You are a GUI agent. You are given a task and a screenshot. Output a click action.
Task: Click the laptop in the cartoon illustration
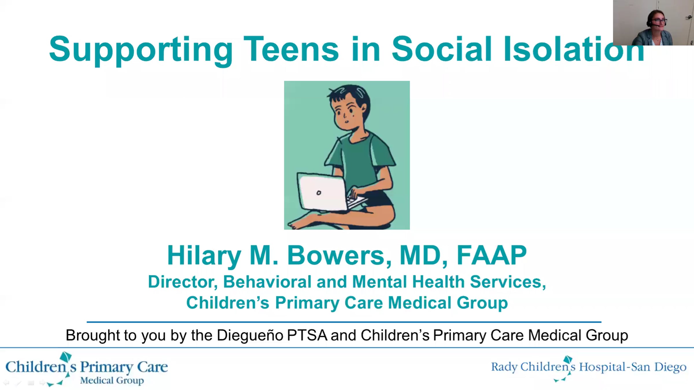[x=327, y=192]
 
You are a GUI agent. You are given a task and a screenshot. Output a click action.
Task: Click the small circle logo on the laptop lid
[x=319, y=193]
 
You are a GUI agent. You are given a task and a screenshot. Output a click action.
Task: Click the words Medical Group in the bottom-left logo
[x=112, y=380]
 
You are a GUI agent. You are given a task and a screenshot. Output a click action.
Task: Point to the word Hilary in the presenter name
[x=204, y=256]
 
